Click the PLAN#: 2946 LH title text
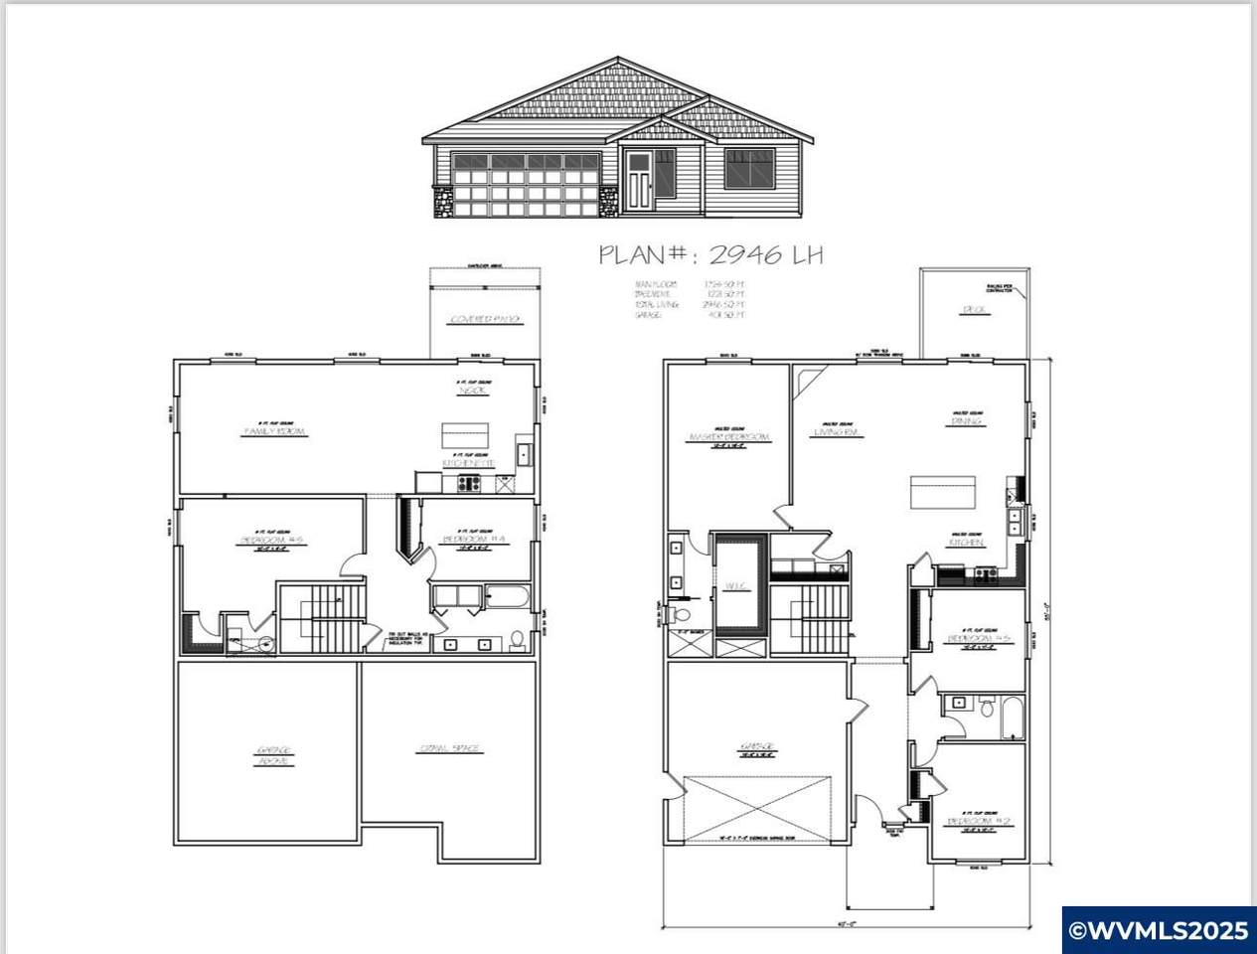tap(709, 254)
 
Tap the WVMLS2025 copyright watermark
tap(1158, 930)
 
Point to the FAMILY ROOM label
tap(274, 432)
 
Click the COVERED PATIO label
tap(486, 320)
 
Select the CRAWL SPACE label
tap(450, 748)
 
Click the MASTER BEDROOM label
tap(728, 437)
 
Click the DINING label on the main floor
tap(966, 421)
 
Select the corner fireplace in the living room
tap(809, 380)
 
